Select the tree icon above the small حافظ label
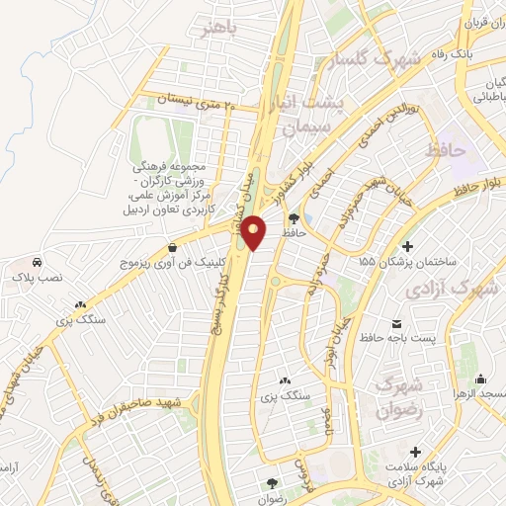coord(295,218)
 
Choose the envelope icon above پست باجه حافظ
coord(397,323)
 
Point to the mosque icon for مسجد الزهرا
coord(480,379)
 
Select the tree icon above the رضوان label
coord(273,482)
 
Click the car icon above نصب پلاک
coord(37,264)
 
